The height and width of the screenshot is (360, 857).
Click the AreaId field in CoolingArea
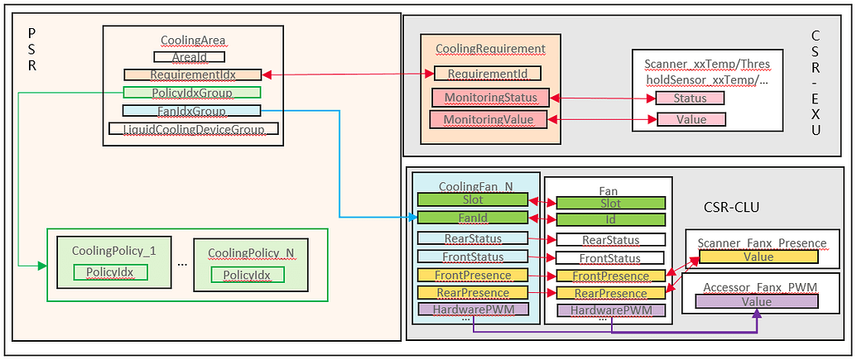click(x=190, y=57)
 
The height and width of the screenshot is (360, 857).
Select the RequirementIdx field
click(x=192, y=74)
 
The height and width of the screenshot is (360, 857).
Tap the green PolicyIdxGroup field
click(x=191, y=93)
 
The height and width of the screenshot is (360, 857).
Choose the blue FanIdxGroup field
click(x=191, y=111)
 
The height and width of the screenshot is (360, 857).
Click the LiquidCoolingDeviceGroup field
click(x=194, y=129)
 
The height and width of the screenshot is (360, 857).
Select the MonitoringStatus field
click(x=489, y=98)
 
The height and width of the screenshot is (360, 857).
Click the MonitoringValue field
click(x=489, y=120)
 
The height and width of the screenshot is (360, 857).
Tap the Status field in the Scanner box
click(x=690, y=98)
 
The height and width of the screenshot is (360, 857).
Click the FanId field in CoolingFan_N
click(x=472, y=218)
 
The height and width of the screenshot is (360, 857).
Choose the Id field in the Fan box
click(x=609, y=220)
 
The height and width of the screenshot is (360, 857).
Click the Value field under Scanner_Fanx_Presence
click(x=758, y=257)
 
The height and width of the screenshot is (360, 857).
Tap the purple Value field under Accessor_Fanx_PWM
click(x=757, y=302)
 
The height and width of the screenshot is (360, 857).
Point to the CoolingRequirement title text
click(x=491, y=49)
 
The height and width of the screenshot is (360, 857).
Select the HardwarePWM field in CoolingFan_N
click(x=472, y=310)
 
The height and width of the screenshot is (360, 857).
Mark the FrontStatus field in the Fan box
click(x=609, y=258)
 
